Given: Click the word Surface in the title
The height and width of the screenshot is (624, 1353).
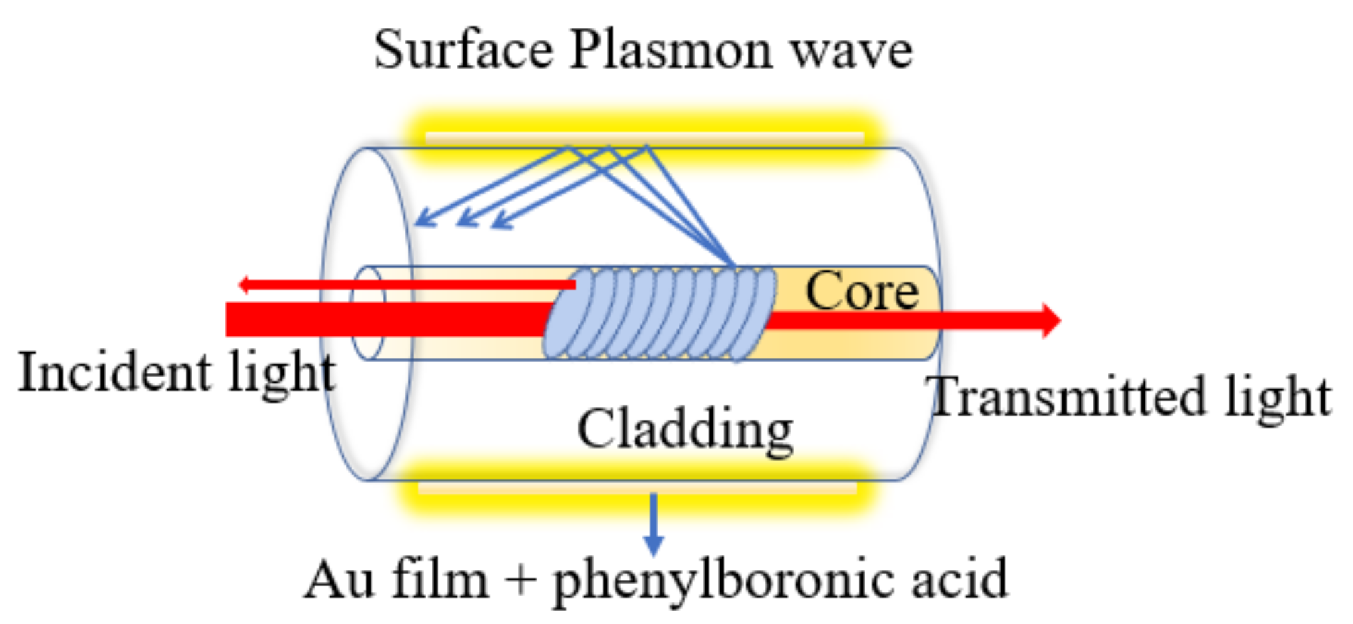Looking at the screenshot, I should (463, 50).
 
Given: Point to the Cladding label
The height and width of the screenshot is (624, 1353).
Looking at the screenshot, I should (685, 430).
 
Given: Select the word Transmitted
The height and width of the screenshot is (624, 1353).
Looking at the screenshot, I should (1069, 397).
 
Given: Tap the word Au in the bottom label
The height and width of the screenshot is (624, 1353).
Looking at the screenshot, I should (339, 580).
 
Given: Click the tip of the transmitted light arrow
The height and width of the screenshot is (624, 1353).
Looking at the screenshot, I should (1058, 320).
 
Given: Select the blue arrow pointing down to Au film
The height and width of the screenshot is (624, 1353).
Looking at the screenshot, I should (653, 524).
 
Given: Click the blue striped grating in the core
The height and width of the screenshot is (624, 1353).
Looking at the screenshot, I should (659, 313).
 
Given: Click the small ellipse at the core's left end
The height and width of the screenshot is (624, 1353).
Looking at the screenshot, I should (367, 313).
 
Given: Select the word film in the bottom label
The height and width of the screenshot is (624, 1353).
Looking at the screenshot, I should (440, 580).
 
